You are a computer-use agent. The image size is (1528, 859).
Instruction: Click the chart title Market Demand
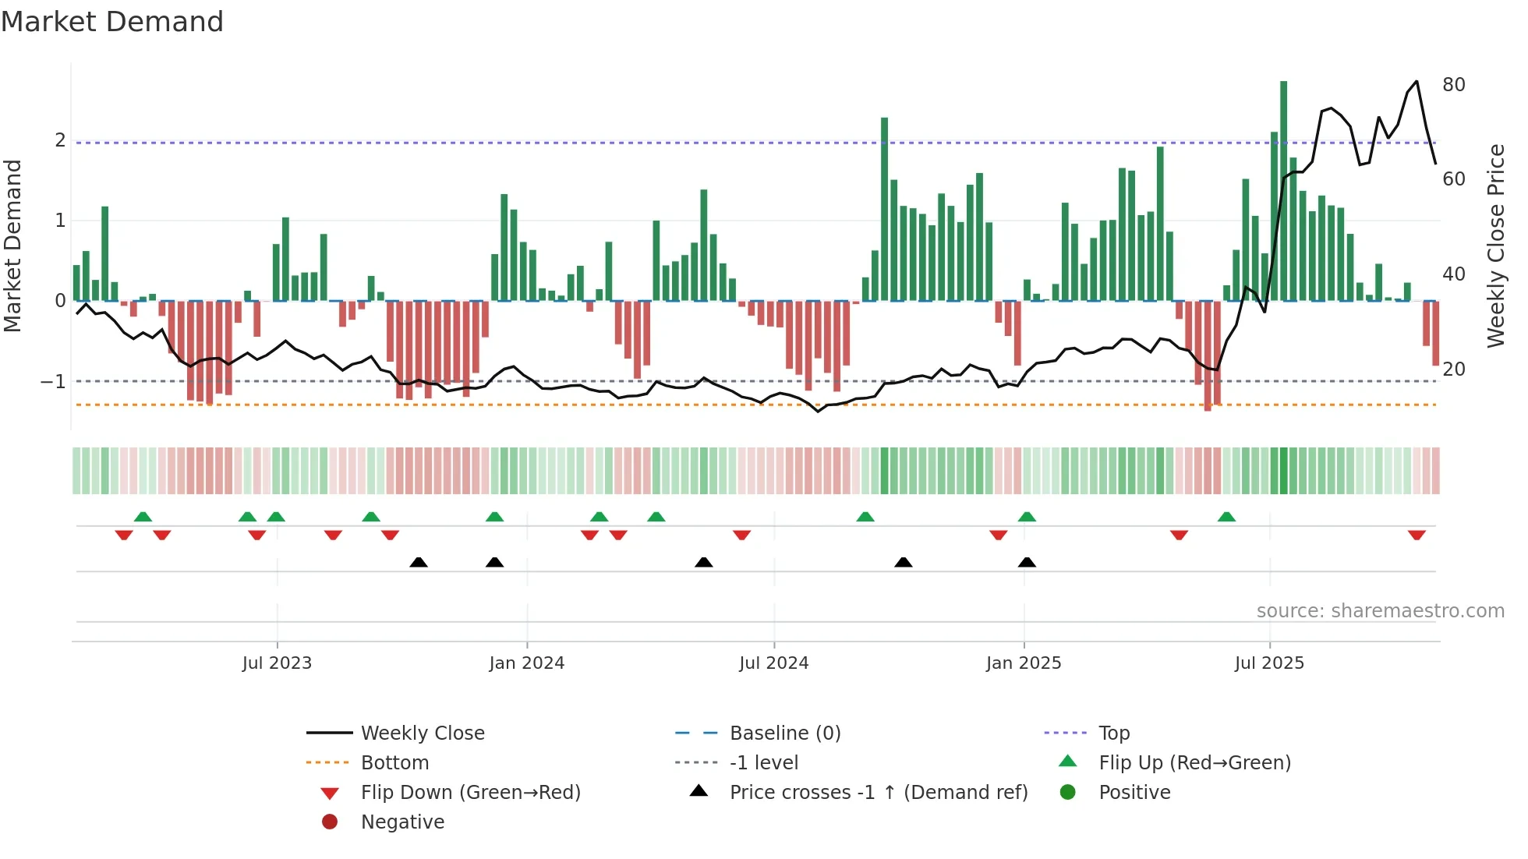[x=112, y=22]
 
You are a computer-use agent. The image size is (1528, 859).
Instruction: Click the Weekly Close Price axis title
[x=1495, y=246]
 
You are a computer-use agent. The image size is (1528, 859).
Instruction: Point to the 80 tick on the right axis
[x=1453, y=84]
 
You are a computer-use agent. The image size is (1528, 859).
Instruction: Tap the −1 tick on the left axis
[x=53, y=382]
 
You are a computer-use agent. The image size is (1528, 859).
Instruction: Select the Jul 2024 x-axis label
[x=773, y=663]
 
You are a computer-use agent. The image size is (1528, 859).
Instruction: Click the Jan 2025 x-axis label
[x=1023, y=663]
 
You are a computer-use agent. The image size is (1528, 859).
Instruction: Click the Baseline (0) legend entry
[x=784, y=733]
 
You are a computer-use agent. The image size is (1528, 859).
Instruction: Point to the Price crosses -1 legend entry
[x=878, y=792]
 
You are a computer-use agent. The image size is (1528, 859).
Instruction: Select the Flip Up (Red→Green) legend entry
[x=1194, y=762]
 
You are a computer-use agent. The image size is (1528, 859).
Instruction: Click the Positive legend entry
[x=1134, y=792]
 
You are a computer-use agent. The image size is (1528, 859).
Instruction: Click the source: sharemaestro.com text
[x=1380, y=610]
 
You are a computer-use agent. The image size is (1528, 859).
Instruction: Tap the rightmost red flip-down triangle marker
[x=1417, y=535]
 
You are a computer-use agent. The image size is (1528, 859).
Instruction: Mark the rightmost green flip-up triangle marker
[x=1226, y=517]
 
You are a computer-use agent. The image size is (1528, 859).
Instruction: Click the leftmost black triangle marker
[x=419, y=562]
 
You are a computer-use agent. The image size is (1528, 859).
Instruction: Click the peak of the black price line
[x=1417, y=81]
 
